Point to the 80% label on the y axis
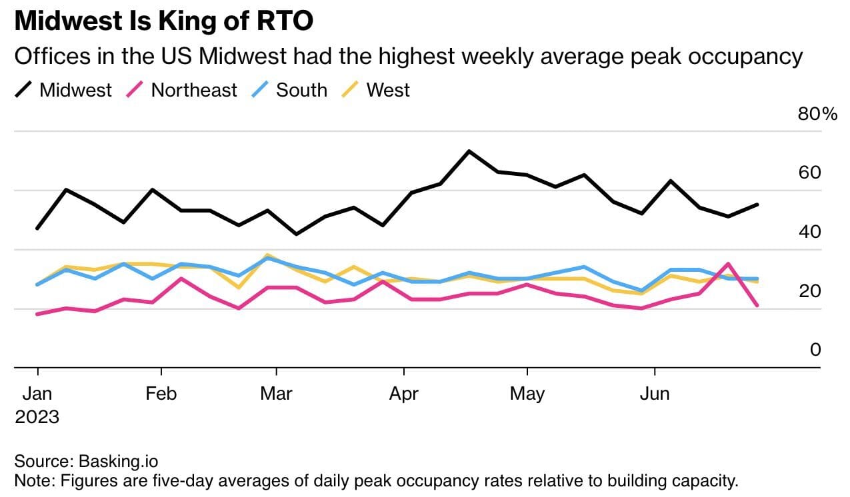pos(817,114)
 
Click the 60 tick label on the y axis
pos(811,173)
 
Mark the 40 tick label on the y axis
pos(811,232)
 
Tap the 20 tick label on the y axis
pos(811,291)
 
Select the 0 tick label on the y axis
pos(815,350)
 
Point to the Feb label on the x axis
pos(161,394)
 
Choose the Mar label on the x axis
pos(276,394)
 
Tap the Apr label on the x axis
pos(404,394)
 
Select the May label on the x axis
pos(527,394)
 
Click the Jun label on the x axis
pos(655,394)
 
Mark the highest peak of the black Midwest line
pos(469,151)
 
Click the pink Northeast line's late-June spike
pos(729,264)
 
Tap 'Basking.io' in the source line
pos(119,460)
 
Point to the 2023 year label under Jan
pos(37,418)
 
